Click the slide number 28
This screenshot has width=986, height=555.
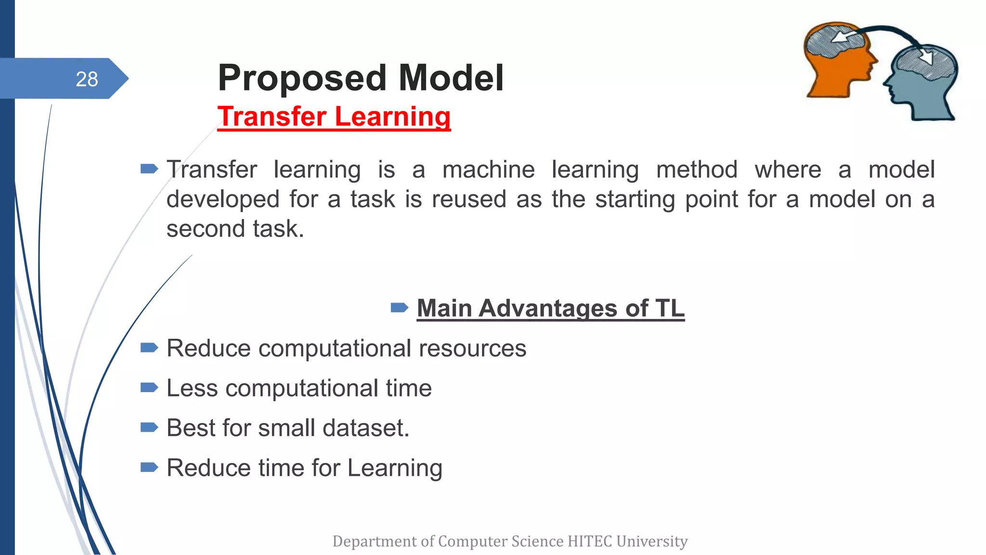point(87,79)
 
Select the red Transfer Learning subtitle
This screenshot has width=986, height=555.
point(334,117)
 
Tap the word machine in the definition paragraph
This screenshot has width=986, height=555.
point(488,170)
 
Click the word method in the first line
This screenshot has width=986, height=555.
point(697,170)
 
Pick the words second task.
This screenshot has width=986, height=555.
point(235,228)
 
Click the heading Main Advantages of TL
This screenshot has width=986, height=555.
point(550,308)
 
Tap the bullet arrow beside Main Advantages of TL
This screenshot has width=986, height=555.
point(399,307)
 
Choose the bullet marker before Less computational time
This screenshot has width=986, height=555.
point(149,387)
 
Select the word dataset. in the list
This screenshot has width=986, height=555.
point(365,428)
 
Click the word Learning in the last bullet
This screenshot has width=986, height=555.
point(394,468)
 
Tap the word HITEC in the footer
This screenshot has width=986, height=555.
point(590,541)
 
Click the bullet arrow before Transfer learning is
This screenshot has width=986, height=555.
point(149,169)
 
